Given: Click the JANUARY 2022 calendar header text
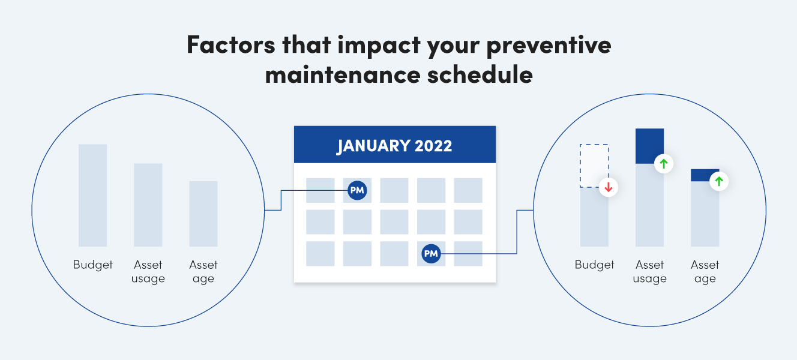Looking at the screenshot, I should click(x=394, y=146).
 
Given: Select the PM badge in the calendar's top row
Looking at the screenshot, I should click(x=357, y=191).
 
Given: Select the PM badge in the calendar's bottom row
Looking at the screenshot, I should click(x=431, y=254).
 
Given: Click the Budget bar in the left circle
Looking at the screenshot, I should click(x=92, y=196).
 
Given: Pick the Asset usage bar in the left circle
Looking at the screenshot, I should click(x=148, y=205).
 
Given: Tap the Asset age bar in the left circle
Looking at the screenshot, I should click(x=203, y=214).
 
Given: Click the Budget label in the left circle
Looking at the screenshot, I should click(x=93, y=265).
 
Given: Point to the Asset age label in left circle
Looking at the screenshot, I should click(x=203, y=272).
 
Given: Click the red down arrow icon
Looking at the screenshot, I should click(x=608, y=188).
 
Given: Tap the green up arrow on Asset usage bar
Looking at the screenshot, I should click(x=663, y=163).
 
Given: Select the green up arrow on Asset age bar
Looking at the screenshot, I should click(x=719, y=181).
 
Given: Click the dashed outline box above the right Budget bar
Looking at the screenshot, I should click(x=594, y=165).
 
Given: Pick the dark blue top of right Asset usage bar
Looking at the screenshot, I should click(x=649, y=146).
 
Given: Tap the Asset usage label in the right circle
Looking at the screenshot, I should click(x=649, y=272).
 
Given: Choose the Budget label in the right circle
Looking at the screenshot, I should click(x=594, y=265).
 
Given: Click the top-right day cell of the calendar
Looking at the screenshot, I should click(x=468, y=190).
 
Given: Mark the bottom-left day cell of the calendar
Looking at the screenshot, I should click(x=320, y=254).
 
